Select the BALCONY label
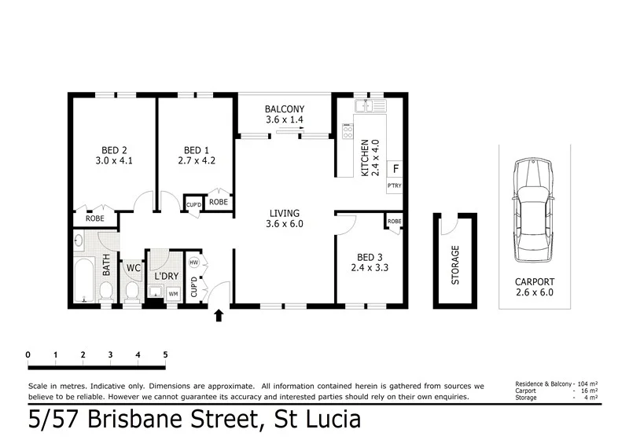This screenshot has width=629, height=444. click(284, 109)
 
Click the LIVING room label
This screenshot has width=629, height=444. click(285, 212)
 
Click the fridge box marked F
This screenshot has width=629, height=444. click(395, 169)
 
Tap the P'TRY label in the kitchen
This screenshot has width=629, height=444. click(395, 186)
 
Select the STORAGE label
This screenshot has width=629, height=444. click(455, 265)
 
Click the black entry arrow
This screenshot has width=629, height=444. click(219, 316)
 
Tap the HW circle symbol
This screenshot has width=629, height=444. click(193, 262)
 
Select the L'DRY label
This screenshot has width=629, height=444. click(166, 276)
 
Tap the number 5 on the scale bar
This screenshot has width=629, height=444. click(165, 354)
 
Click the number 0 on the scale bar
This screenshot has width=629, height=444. click(28, 354)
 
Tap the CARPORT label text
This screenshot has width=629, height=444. click(535, 281)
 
